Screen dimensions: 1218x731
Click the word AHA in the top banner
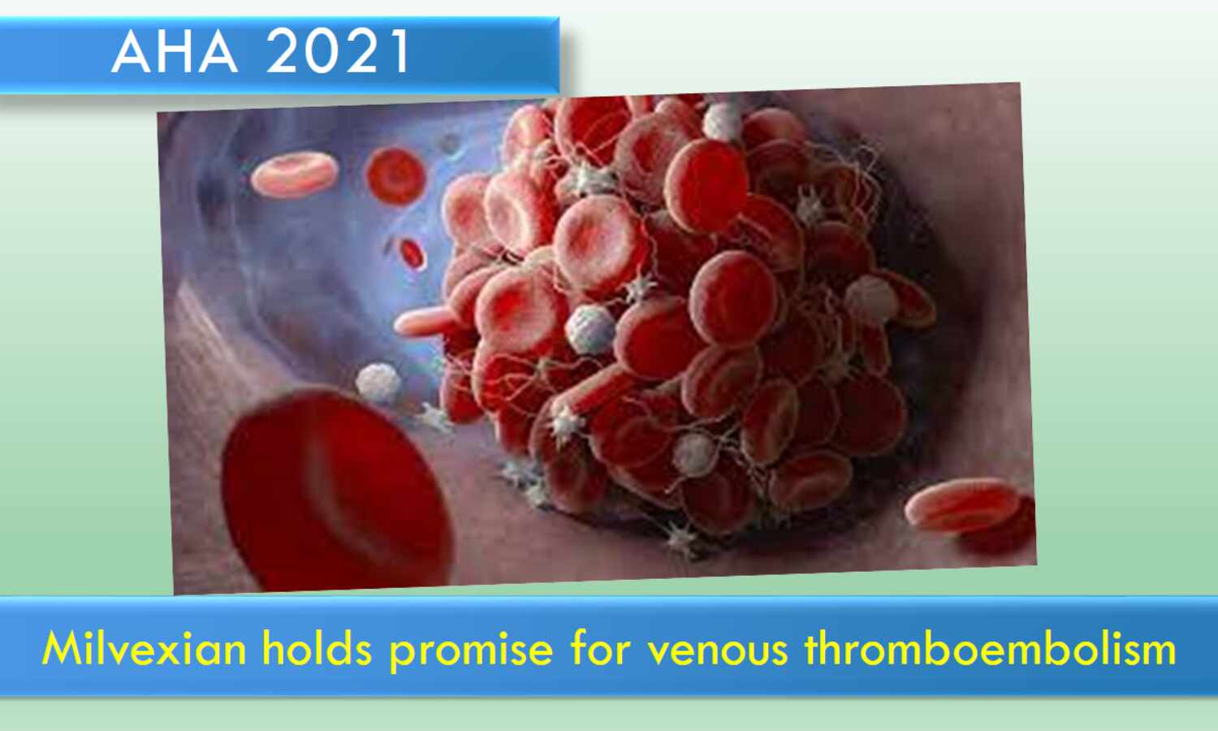[x=175, y=52]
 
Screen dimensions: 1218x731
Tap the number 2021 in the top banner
[x=338, y=52]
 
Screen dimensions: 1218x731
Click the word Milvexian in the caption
[x=144, y=649]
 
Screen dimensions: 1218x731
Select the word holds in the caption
[x=317, y=648]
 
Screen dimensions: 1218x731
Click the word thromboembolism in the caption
[x=990, y=648]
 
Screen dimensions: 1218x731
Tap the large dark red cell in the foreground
[x=337, y=490]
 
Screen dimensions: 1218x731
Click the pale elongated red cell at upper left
[x=294, y=174]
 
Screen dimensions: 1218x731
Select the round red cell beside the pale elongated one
[x=396, y=176]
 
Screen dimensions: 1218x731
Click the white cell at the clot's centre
[x=590, y=329]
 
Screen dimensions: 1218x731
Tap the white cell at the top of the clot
[x=722, y=121]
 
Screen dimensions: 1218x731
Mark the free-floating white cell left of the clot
[x=378, y=383]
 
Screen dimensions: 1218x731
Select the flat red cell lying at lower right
[x=961, y=506]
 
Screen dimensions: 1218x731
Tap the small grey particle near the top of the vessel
[x=450, y=144]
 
